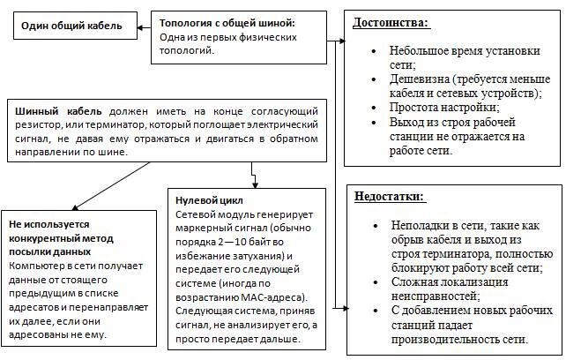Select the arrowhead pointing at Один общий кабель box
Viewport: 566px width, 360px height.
coord(143,27)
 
